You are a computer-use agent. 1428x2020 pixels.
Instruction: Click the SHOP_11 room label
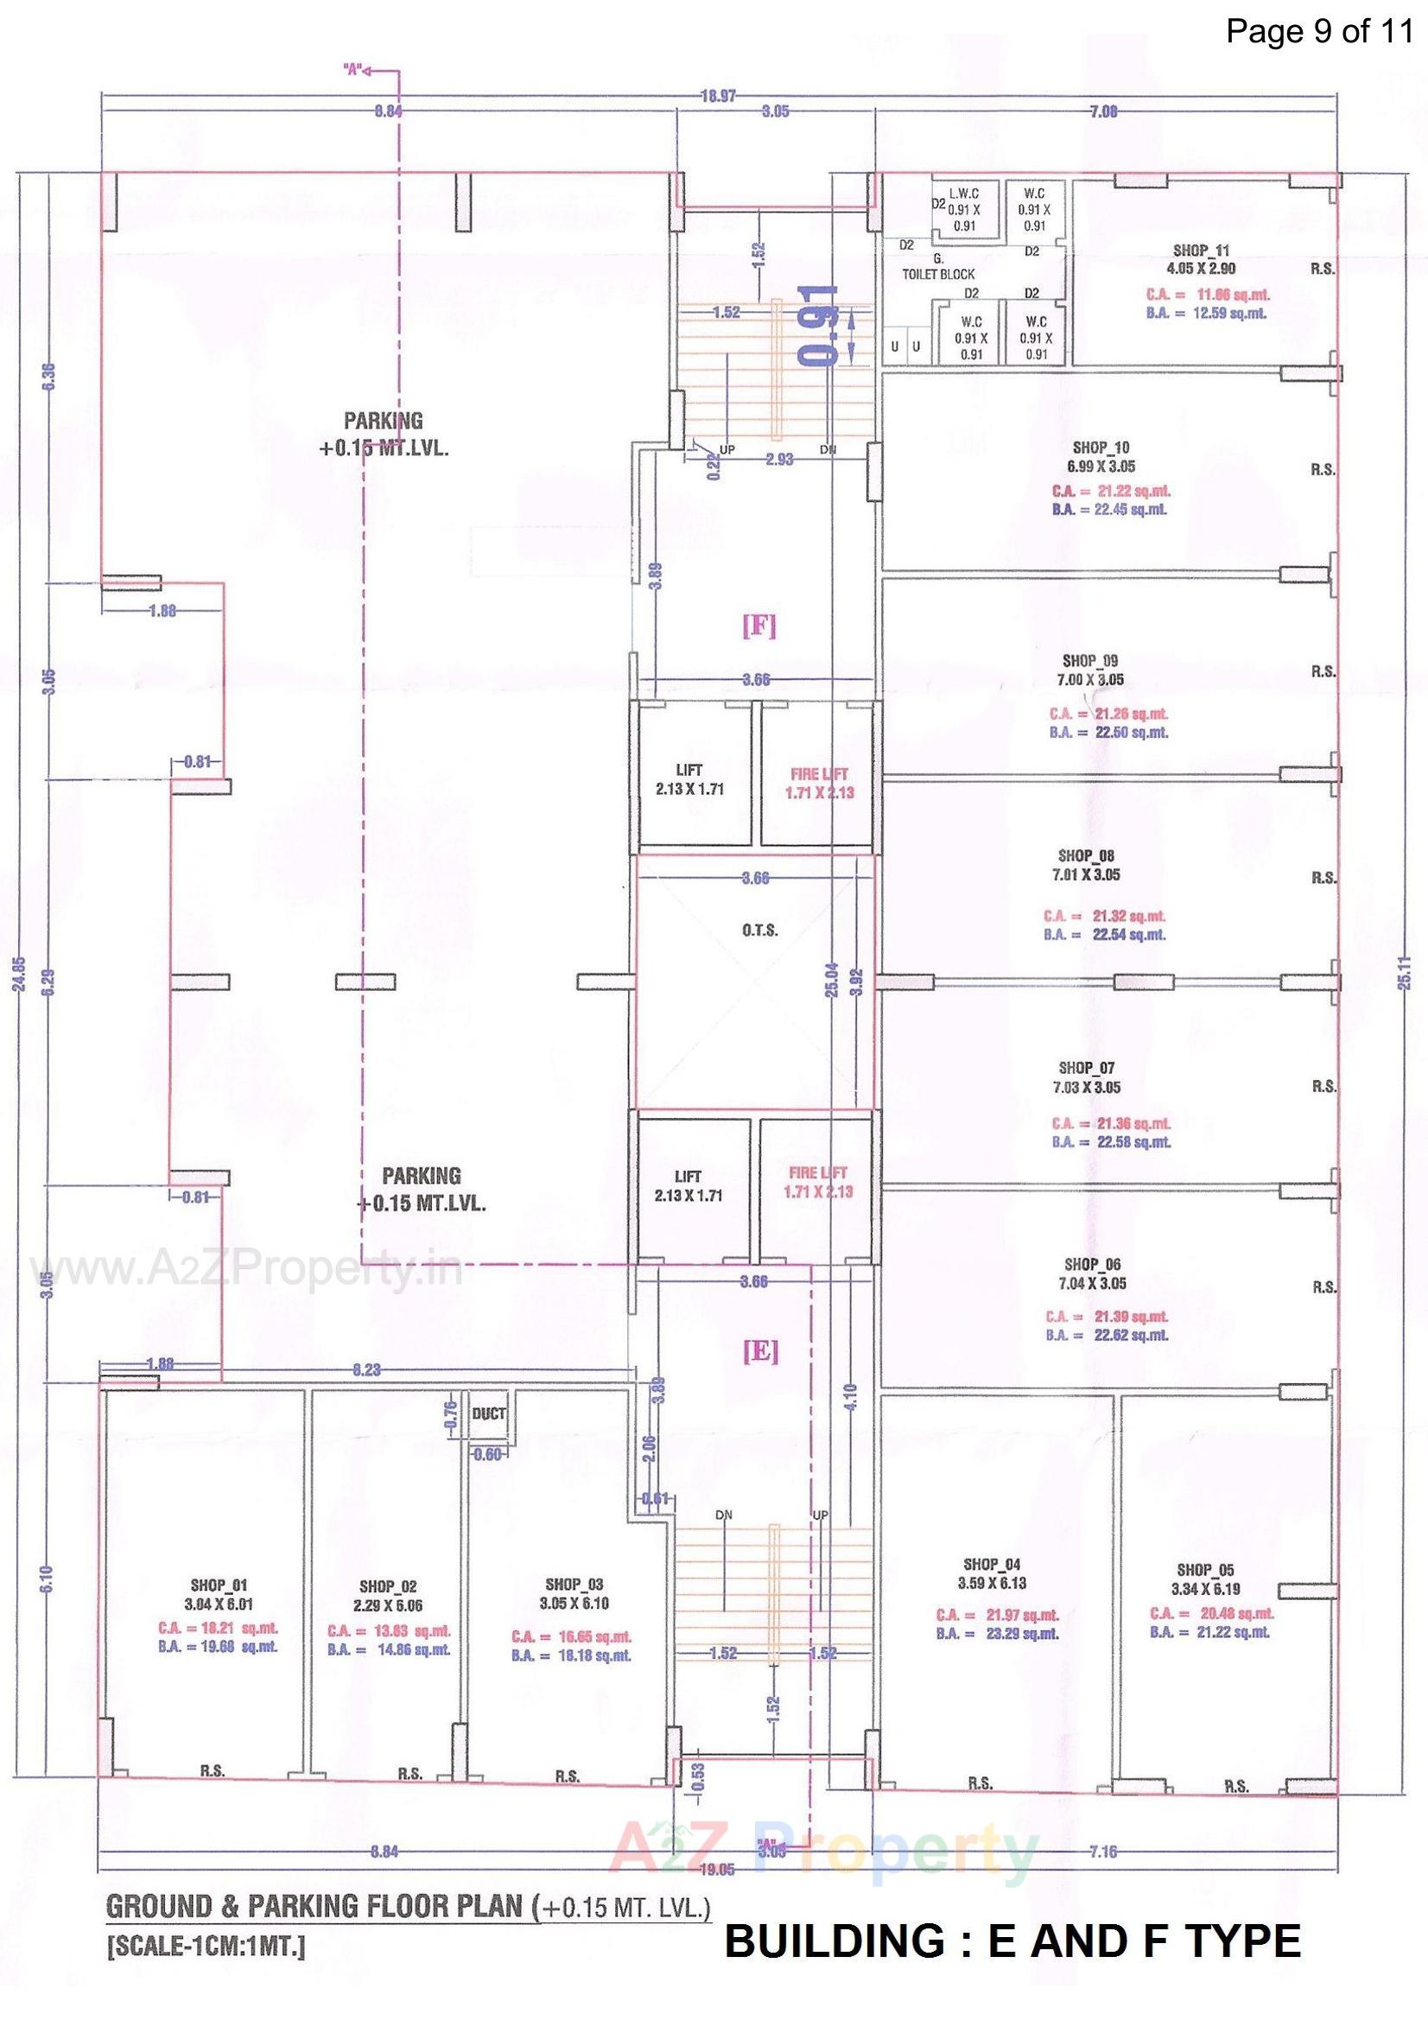coord(1202,251)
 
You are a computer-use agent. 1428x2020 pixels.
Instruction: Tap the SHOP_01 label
coord(219,1586)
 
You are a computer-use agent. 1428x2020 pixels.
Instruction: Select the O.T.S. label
coord(759,930)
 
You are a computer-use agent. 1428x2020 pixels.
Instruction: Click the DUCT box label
coord(488,1413)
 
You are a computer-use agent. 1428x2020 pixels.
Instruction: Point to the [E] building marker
coord(760,1351)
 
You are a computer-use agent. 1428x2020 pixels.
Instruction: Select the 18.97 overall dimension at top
coord(718,97)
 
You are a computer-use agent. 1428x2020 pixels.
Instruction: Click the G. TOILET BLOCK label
coord(938,268)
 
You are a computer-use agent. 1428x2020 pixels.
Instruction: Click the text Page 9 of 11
coord(1319,32)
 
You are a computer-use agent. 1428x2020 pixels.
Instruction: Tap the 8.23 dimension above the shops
coord(366,1369)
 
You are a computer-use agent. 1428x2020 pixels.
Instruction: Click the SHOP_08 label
coord(1087,855)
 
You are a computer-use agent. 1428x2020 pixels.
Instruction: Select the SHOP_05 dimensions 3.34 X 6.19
coord(1204,1589)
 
